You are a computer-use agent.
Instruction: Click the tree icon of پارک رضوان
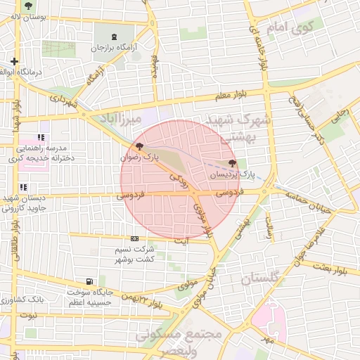[140, 147]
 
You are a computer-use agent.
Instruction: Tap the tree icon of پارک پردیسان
[233, 162]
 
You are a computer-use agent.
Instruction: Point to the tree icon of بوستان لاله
[27, 6]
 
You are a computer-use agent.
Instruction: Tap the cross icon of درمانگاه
[14, 62]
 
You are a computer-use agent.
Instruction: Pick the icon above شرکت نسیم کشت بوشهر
[134, 239]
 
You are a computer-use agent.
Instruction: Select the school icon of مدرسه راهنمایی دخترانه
[41, 138]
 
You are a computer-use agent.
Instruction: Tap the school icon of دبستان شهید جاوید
[23, 187]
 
